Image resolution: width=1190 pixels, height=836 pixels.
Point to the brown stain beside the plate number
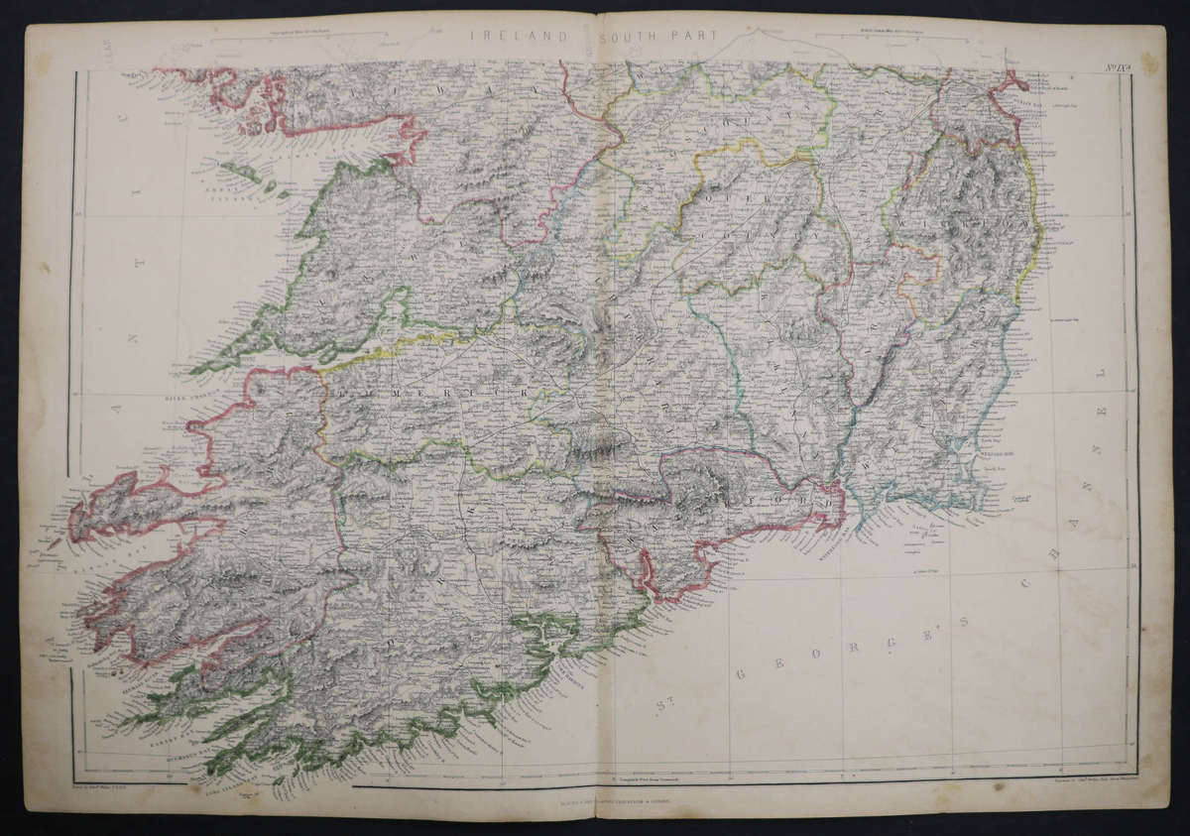pos(1149,61)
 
